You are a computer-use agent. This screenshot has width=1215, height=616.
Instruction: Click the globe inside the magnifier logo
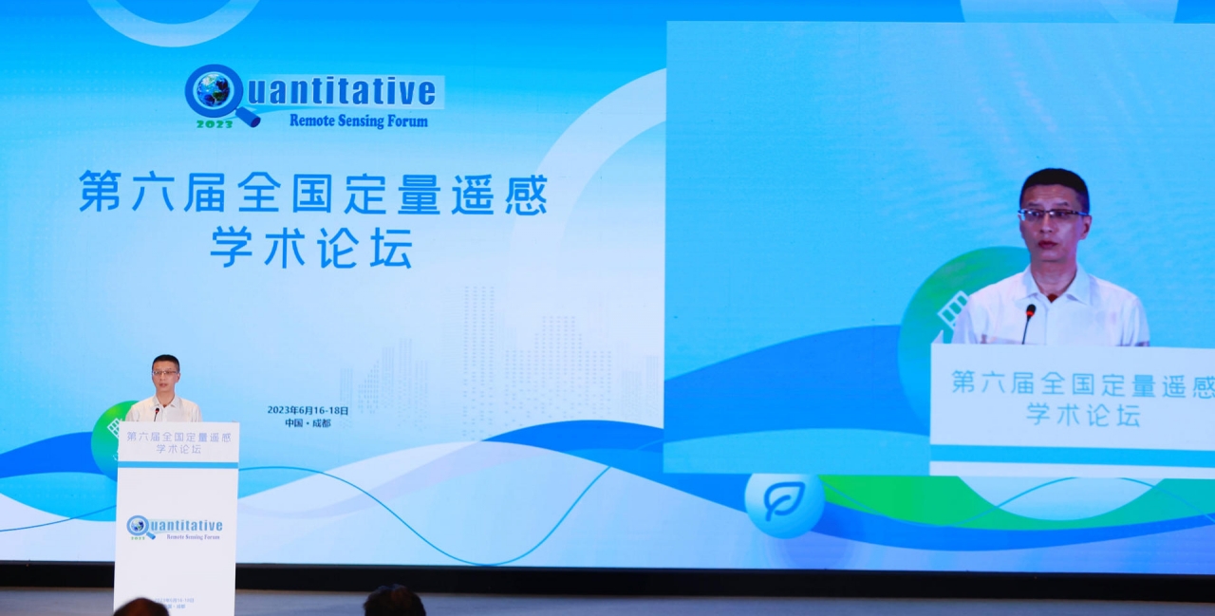click(213, 90)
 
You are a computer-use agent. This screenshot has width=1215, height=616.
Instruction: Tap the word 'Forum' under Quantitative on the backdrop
click(406, 121)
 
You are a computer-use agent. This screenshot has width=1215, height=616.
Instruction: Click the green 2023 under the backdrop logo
click(215, 123)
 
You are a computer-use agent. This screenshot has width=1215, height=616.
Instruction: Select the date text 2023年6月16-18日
click(308, 410)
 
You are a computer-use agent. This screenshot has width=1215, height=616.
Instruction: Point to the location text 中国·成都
click(308, 423)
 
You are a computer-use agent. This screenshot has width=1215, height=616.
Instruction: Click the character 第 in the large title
click(98, 193)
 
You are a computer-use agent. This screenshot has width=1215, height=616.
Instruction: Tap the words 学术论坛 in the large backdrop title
click(310, 249)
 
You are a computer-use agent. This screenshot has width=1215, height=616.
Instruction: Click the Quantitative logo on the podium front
click(175, 528)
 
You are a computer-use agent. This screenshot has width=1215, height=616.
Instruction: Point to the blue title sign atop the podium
click(178, 442)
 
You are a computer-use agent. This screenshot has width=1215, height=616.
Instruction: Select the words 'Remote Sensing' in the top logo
click(333, 121)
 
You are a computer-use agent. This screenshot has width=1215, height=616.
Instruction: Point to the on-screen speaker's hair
click(1054, 179)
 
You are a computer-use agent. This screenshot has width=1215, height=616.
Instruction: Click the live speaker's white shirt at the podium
click(165, 411)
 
